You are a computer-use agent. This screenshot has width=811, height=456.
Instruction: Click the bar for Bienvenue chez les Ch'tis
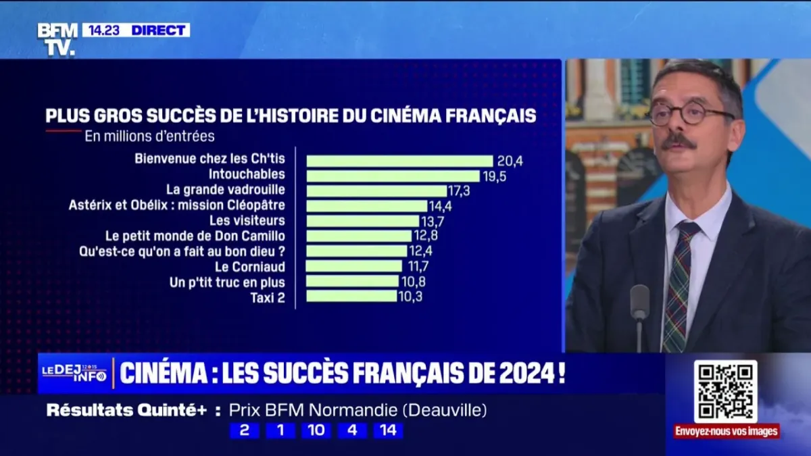(399, 161)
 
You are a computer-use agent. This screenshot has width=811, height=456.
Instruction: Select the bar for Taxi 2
(351, 296)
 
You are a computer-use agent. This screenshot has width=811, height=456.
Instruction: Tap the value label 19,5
(494, 176)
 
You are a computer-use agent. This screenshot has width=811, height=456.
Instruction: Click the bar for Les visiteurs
(362, 221)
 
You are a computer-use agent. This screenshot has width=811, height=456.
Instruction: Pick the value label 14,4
(442, 205)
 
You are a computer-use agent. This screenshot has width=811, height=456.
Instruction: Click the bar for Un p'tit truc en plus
(352, 281)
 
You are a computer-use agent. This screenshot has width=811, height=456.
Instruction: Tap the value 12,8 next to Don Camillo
(426, 236)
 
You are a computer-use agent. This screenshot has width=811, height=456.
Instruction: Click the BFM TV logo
(57, 39)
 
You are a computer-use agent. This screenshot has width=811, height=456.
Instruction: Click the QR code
(725, 391)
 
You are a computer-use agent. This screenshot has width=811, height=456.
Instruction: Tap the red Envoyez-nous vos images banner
(726, 431)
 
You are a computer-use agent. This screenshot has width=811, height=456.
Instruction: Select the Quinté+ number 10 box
(315, 431)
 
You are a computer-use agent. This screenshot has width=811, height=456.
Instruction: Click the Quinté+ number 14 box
(388, 431)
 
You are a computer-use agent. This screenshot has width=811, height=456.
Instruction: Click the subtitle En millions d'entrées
(149, 136)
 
